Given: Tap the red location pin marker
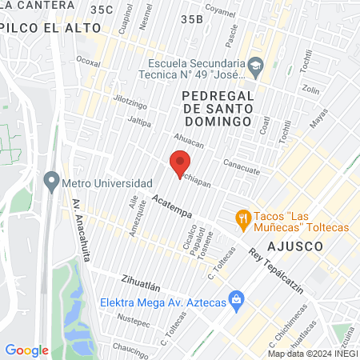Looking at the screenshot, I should pos(178,166).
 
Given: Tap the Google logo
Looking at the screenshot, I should pos(26,350).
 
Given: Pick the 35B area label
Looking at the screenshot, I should pos(192,18).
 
